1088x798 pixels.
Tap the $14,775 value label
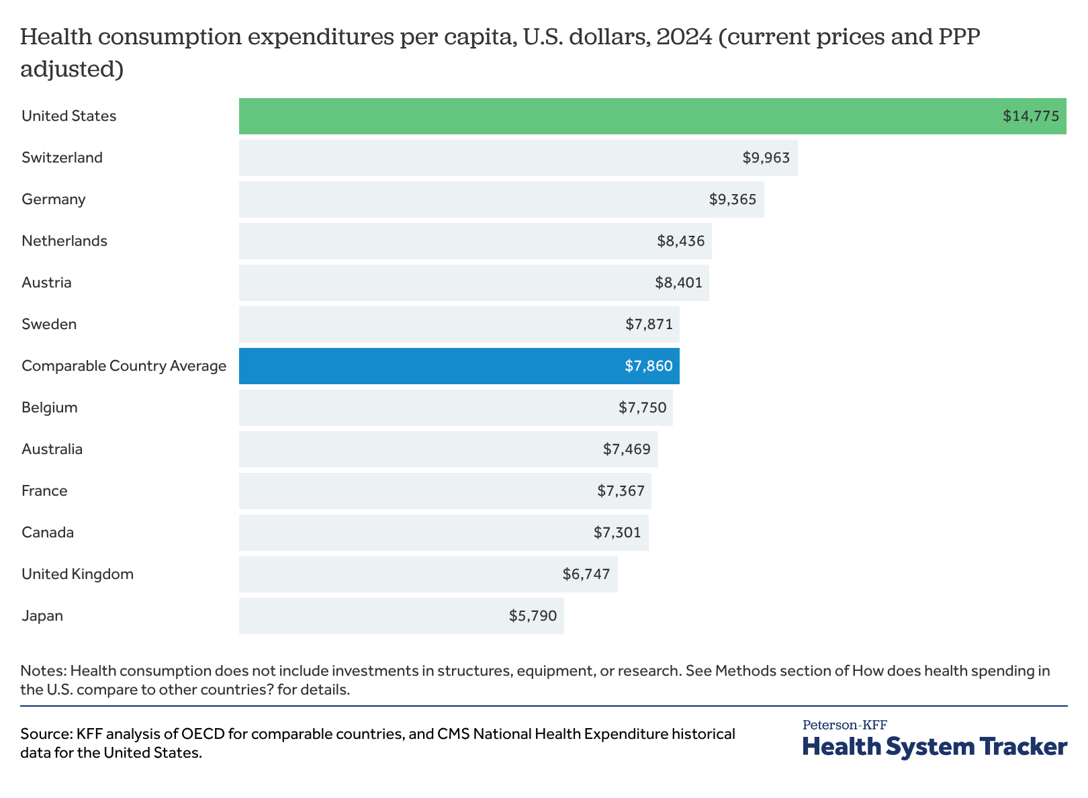(x=1031, y=116)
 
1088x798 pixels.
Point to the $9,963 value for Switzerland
(x=766, y=158)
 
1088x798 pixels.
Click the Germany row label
(x=54, y=199)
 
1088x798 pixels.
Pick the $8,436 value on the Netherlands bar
(x=681, y=241)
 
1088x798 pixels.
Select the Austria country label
(x=46, y=283)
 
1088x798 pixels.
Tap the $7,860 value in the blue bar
(x=648, y=366)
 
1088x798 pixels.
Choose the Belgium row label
(x=50, y=408)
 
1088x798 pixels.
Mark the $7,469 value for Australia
(x=627, y=449)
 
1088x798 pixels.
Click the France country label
(x=44, y=491)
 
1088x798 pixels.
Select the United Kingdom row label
(x=77, y=574)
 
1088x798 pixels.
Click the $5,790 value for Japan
(x=533, y=616)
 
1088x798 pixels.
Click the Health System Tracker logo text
(x=934, y=747)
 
